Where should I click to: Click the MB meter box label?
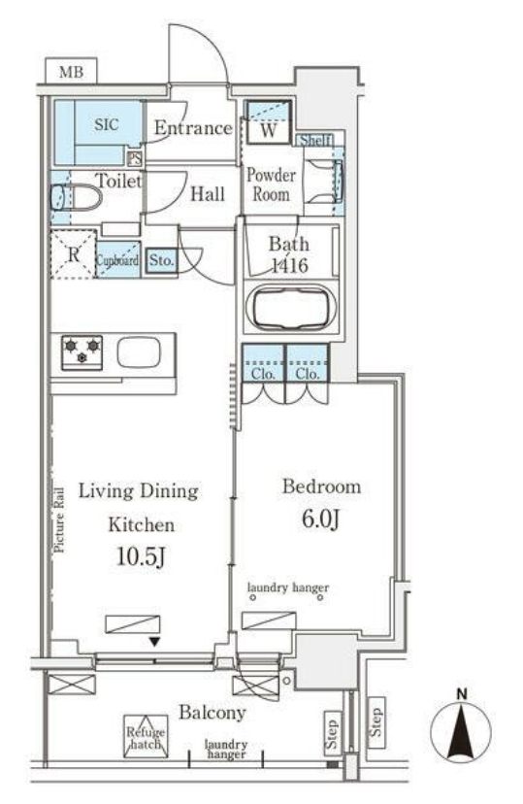(x=71, y=72)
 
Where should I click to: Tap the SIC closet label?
(x=106, y=124)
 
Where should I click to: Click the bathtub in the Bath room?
(x=291, y=306)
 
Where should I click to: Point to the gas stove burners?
(x=82, y=352)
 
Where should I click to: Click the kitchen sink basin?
(x=140, y=352)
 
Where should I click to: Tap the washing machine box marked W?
(x=269, y=122)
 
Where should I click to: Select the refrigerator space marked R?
(x=74, y=254)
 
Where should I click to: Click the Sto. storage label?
(x=161, y=260)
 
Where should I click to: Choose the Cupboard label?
(x=117, y=260)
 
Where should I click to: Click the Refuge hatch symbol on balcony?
(x=146, y=736)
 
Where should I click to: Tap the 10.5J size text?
(x=141, y=556)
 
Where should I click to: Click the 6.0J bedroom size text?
(x=321, y=519)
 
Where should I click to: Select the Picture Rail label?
(x=60, y=519)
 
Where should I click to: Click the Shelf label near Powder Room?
(x=315, y=140)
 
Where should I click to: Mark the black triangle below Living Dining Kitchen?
(x=154, y=642)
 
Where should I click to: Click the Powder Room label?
(x=271, y=184)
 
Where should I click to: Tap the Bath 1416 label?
(x=289, y=254)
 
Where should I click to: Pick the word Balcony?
(x=212, y=713)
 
